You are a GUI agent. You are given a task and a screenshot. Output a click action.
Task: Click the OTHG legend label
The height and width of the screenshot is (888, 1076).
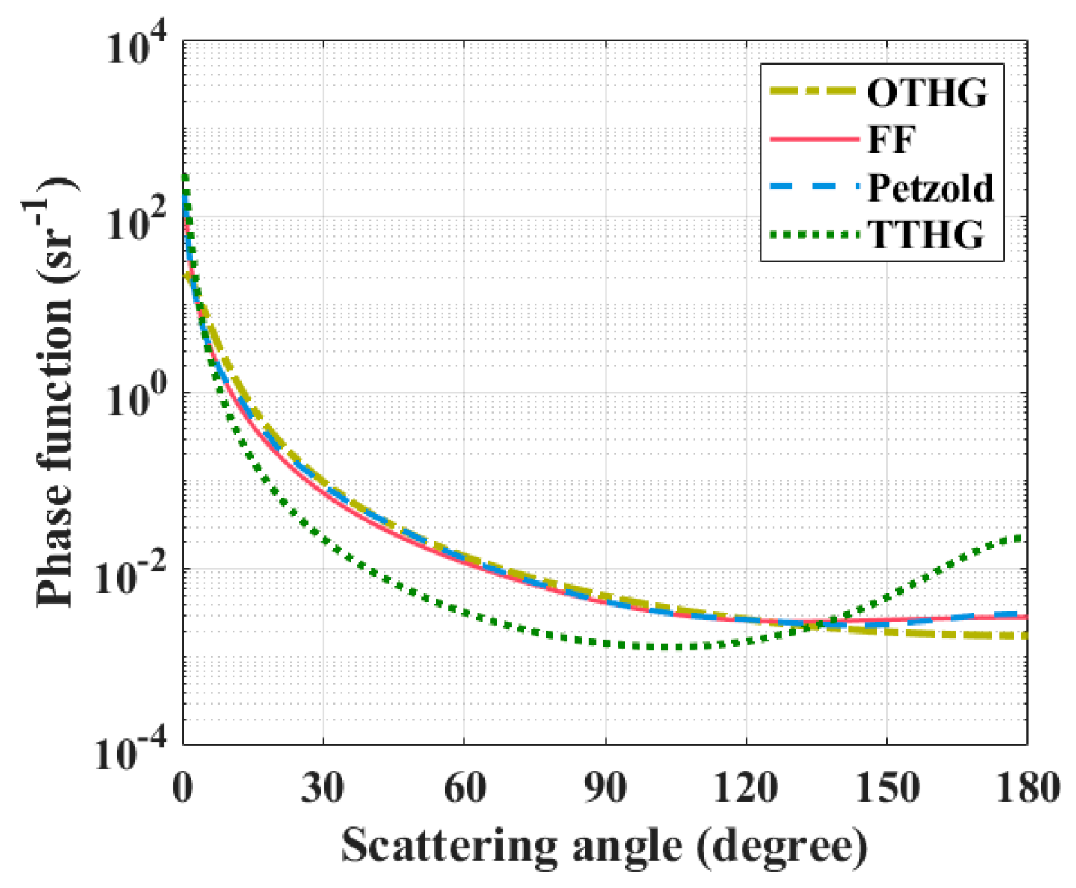(926, 93)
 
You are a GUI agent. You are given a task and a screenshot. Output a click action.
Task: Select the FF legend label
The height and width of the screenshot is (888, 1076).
(891, 140)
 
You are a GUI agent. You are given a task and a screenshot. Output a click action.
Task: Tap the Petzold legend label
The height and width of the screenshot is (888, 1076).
(931, 187)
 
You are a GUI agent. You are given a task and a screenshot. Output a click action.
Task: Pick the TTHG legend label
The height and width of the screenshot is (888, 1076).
(926, 235)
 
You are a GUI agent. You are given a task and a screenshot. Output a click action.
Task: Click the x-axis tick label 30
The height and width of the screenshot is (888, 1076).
(324, 788)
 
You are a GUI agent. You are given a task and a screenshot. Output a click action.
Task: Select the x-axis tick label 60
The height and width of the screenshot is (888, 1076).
(464, 788)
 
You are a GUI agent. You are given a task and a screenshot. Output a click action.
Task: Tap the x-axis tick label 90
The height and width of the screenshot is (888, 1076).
(605, 788)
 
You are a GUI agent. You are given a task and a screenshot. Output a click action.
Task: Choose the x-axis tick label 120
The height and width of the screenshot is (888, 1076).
(746, 788)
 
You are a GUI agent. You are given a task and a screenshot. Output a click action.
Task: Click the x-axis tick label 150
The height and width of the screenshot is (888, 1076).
(886, 788)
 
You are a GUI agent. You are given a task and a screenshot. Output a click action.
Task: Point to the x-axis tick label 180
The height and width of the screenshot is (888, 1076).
(1026, 788)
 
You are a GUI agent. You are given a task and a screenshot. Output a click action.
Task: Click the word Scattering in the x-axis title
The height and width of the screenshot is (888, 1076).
(448, 847)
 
